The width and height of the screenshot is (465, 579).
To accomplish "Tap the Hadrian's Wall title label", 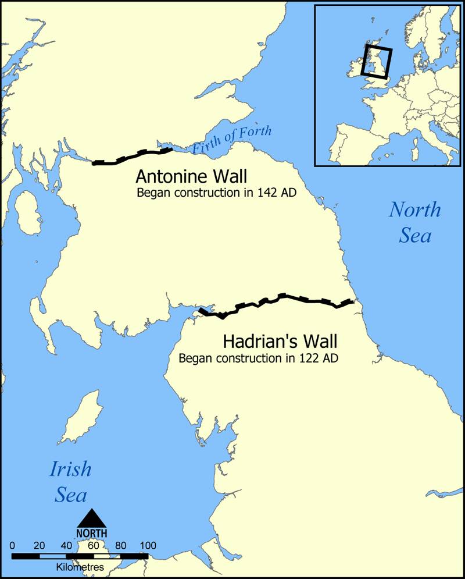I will click(x=271, y=340).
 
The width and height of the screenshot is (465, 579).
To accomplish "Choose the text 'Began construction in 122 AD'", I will click(x=258, y=358).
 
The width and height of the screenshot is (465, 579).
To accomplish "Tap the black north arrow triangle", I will click(x=92, y=518).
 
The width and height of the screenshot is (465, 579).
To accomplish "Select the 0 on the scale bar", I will click(x=13, y=546).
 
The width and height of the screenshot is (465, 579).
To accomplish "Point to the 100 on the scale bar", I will click(x=148, y=546).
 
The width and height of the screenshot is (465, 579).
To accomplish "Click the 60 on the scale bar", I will click(x=93, y=546).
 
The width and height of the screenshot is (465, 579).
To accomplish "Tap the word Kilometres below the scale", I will click(x=80, y=566).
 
